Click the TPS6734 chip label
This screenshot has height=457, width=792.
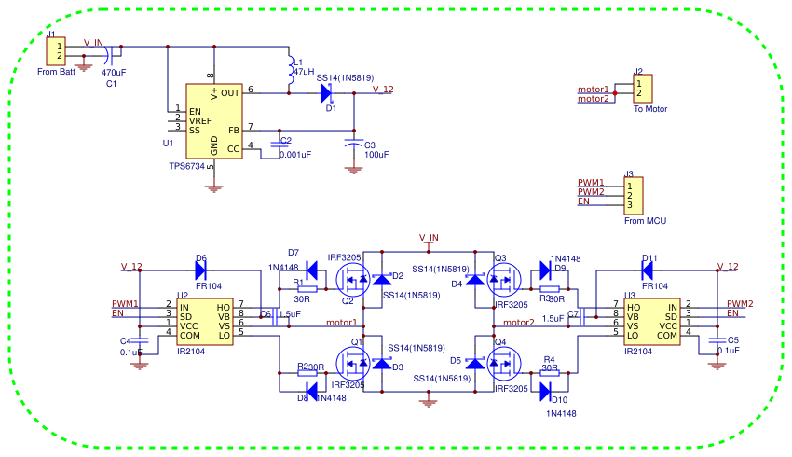[187, 165]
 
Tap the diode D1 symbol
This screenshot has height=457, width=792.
[326, 92]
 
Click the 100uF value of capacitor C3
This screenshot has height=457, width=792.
[376, 155]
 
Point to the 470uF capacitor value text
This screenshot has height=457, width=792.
[114, 73]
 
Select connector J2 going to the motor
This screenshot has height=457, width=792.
[641, 89]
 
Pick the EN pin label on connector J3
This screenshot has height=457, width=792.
[583, 201]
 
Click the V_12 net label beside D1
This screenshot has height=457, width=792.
[382, 90]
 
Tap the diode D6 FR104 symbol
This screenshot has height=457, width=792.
[200, 270]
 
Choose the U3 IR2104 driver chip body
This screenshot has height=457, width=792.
[651, 320]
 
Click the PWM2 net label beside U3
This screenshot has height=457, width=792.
[740, 303]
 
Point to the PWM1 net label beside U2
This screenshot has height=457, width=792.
[125, 303]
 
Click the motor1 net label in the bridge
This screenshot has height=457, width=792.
[342, 323]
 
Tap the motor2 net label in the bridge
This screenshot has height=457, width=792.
[518, 323]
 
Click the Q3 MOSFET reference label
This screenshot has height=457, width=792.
[500, 258]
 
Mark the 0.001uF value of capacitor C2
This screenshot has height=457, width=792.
[294, 155]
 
